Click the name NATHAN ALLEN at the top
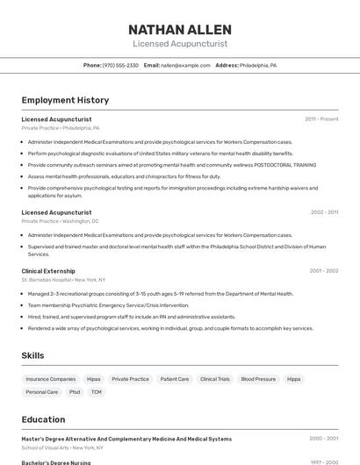[x=180, y=29]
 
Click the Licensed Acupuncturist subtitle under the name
[x=180, y=43]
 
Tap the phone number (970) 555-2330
[x=120, y=65]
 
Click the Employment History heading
[x=65, y=100]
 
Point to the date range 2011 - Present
[x=321, y=118]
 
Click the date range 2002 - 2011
[x=324, y=212]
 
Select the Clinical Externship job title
[x=48, y=271]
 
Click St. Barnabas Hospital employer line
[x=63, y=280]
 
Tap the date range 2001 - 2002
[x=324, y=271]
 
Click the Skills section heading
[x=33, y=355]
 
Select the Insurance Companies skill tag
[x=51, y=379]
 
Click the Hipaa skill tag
[x=94, y=379]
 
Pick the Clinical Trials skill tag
[x=215, y=379]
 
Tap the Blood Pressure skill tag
[x=258, y=379]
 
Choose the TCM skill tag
[x=97, y=392]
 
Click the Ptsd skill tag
[x=75, y=392]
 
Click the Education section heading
[x=43, y=419]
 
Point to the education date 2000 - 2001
[x=324, y=439]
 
